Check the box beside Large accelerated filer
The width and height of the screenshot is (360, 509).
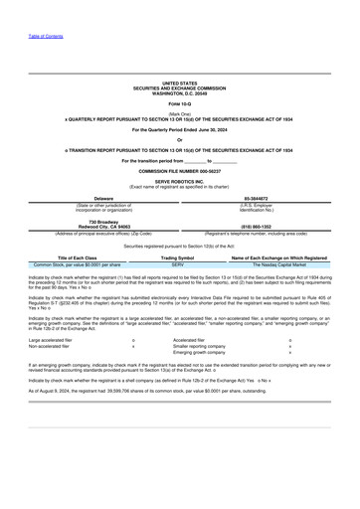coord(132,338)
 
